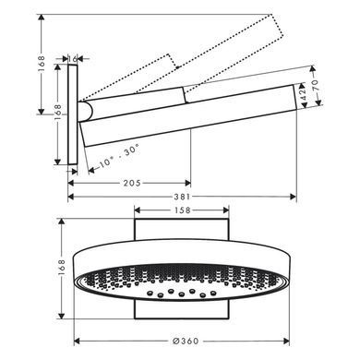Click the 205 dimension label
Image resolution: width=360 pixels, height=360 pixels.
click(x=132, y=183)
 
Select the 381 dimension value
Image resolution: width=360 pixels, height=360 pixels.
click(x=182, y=197)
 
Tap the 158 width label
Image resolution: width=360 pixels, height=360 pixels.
click(x=183, y=210)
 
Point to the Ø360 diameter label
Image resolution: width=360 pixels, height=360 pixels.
click(x=186, y=341)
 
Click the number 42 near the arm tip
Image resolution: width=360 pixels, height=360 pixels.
click(x=303, y=95)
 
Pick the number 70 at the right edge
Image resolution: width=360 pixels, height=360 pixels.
click(x=316, y=85)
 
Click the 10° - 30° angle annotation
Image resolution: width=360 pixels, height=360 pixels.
click(x=119, y=155)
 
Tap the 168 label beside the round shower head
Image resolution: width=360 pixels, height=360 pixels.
click(x=62, y=267)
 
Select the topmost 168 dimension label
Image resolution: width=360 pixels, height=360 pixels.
click(x=42, y=64)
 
